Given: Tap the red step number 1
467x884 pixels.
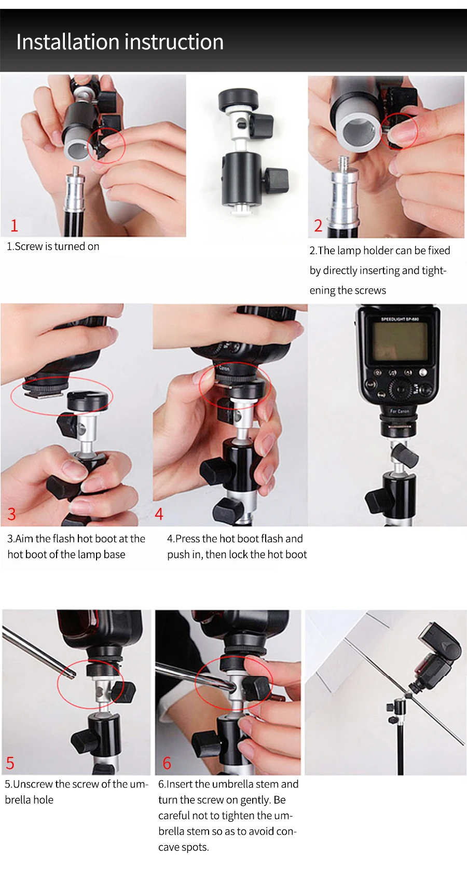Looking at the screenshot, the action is click(x=15, y=226).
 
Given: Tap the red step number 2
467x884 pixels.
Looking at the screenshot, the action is click(x=318, y=226).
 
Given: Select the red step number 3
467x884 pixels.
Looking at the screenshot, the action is click(x=12, y=514).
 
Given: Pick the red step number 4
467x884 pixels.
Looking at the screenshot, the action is click(x=159, y=514).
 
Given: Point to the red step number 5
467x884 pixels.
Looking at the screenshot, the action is click(x=10, y=763).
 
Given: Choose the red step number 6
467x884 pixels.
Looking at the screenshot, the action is click(x=167, y=763).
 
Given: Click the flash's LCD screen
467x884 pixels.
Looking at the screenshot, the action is click(x=400, y=341).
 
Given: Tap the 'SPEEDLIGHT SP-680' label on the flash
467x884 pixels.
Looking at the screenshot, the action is click(x=400, y=319).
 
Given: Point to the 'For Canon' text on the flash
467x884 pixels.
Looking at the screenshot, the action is click(x=400, y=411).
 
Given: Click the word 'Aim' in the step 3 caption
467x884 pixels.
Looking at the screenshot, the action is click(x=24, y=538).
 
